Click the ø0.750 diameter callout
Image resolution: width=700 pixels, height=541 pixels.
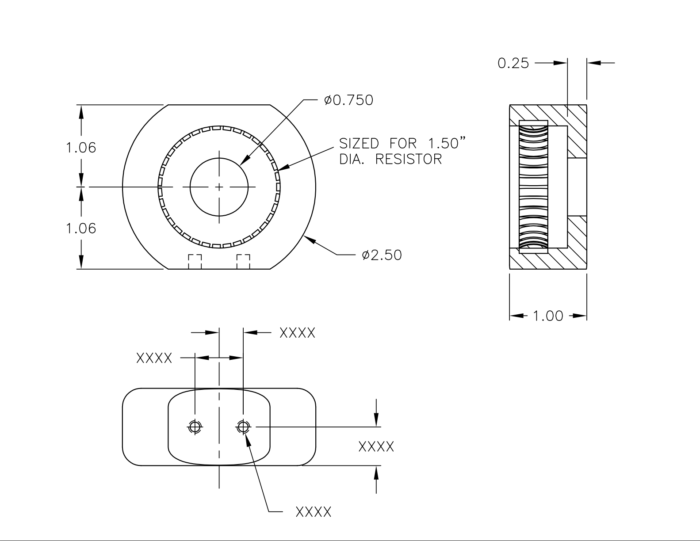pos(348,100)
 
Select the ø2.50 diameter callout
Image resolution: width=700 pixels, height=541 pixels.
pos(381,255)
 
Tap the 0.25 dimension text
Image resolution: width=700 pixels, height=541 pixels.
pos(513,63)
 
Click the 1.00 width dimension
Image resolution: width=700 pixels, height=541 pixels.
pos(547,316)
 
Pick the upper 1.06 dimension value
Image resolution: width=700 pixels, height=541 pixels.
pos(81,147)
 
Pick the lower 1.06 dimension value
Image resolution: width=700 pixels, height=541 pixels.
pos(81,228)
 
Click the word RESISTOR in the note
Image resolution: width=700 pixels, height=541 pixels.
pos(409,159)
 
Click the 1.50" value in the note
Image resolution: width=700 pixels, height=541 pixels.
pos(447,143)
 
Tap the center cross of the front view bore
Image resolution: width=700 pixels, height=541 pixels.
pos(219,187)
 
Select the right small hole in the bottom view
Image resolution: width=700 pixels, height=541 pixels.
pos(243,427)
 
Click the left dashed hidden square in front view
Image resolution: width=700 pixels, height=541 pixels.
pos(195,261)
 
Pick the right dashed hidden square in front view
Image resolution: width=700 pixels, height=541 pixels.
pos(243,261)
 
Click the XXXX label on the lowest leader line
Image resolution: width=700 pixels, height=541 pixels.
pos(313,512)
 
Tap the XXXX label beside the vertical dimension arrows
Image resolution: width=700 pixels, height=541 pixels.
pos(376,446)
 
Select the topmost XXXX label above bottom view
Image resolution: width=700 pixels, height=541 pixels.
pos(298,333)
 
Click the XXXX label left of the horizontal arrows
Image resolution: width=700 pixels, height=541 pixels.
pos(154,358)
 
